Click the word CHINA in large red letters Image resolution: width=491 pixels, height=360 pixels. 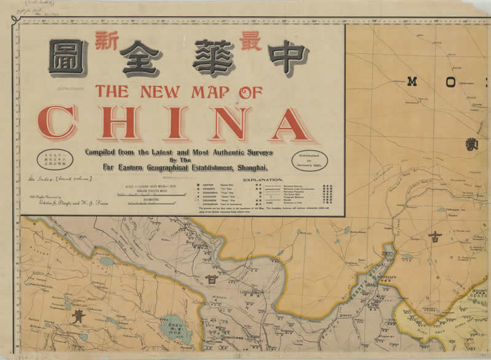(x=178, y=123)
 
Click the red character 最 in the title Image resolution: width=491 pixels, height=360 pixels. (x=250, y=40)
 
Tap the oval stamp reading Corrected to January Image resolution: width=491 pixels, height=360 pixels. (x=310, y=160)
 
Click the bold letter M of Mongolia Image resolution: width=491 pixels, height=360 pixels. (x=412, y=81)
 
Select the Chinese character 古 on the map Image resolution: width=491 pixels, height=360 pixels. (x=435, y=238)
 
